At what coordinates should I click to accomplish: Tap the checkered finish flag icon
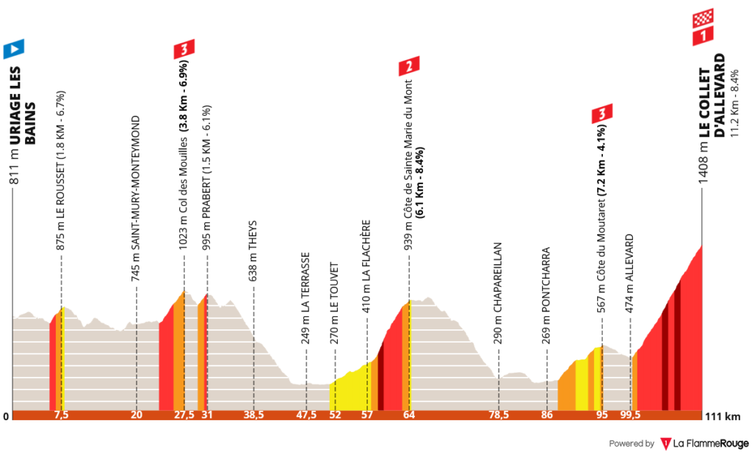(x=704, y=18)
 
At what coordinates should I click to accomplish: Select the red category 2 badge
(x=409, y=67)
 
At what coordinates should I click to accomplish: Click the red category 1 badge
(x=704, y=35)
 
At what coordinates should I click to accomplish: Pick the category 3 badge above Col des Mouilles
(x=184, y=50)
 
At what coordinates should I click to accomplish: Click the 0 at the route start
(x=6, y=417)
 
